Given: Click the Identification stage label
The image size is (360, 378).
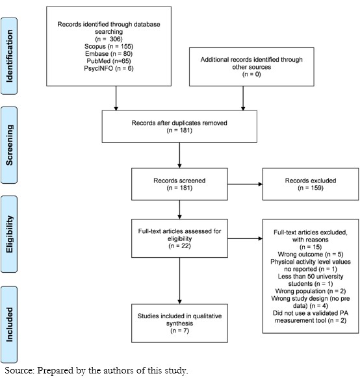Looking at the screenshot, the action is tap(9, 56).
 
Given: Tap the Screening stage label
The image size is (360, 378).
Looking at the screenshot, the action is tap(9, 145).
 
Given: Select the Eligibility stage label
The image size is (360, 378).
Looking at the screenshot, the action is tap(9, 234).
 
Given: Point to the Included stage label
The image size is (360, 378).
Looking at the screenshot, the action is tap(9, 325).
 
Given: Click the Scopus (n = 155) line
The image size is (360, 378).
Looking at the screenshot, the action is tap(109, 46).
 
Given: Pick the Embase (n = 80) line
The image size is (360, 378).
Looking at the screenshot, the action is tap(109, 53).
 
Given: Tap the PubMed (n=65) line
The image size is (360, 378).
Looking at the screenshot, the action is tap(109, 61).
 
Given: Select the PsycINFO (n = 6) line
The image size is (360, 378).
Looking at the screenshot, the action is tap(109, 68).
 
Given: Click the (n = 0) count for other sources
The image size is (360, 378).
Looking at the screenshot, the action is tap(251, 74).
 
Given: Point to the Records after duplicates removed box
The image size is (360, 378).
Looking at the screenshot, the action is tap(179, 127).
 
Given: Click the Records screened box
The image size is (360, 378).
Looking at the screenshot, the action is tap(179, 184).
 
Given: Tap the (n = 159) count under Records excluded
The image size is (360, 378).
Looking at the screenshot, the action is tap(311, 188).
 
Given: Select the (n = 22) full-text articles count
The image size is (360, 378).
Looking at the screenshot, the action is tap(179, 246).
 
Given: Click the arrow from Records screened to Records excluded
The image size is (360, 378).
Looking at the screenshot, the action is tap(245, 184).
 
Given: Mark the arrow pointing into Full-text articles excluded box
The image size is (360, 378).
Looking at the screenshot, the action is tap(245, 238).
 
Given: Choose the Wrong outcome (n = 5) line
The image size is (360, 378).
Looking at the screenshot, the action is tap(311, 255).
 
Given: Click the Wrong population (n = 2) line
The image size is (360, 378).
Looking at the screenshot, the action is tap(311, 291).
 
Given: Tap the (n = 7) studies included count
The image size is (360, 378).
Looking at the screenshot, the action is tap(179, 331).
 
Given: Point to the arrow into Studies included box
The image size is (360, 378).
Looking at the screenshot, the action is tap(179, 281).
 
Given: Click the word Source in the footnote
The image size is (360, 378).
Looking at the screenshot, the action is tap(19, 370).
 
